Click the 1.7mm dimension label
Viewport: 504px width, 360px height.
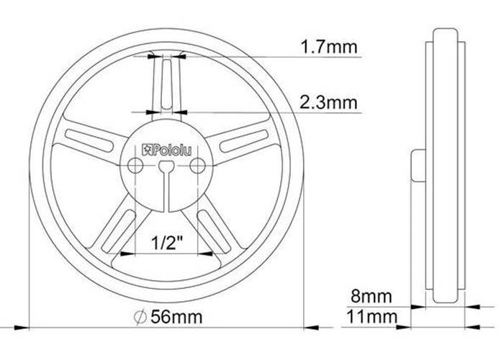tap(328, 47)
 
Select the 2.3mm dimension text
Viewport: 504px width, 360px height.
tap(328, 103)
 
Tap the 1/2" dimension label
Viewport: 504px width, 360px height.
tap(167, 243)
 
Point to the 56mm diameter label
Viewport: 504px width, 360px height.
tap(176, 317)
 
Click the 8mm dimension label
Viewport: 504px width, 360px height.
tap(372, 296)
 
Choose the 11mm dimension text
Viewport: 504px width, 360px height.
tap(372, 317)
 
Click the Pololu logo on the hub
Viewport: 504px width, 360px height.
tap(167, 150)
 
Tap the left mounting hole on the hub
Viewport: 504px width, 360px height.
tap(135, 166)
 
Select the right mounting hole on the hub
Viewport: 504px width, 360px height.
tap(197, 166)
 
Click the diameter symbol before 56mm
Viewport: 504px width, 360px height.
tap(140, 318)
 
